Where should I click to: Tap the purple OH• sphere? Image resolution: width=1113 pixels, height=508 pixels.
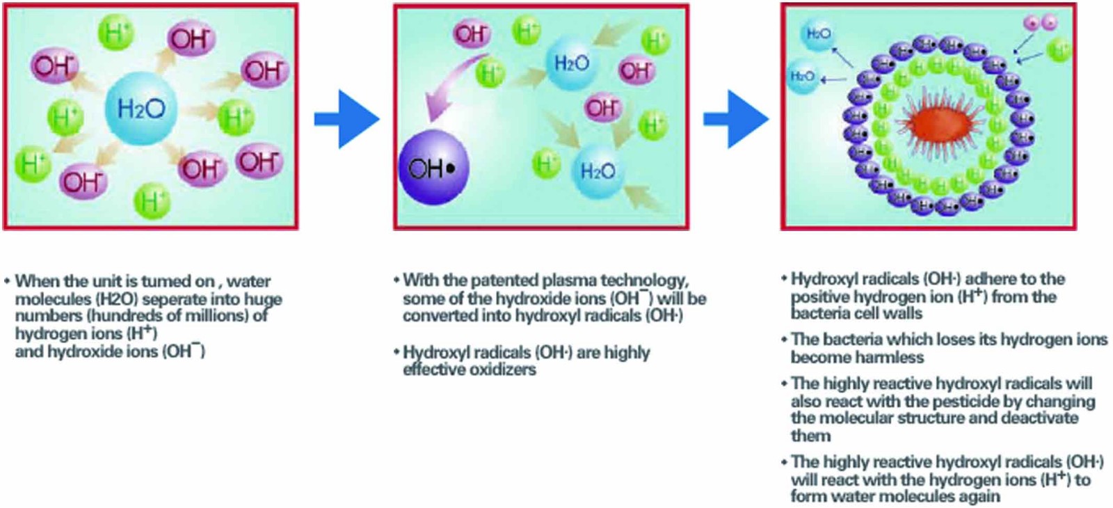(433, 168)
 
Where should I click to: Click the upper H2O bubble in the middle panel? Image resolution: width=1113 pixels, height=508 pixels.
(571, 64)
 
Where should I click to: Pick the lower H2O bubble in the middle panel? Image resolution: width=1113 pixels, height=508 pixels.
(597, 171)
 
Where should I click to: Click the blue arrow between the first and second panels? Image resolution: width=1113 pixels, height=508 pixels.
(347, 119)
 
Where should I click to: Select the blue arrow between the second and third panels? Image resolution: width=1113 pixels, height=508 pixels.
(736, 119)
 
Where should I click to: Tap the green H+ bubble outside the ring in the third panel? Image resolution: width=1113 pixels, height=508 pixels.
(1059, 50)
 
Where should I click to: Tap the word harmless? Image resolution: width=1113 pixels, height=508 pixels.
(892, 358)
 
